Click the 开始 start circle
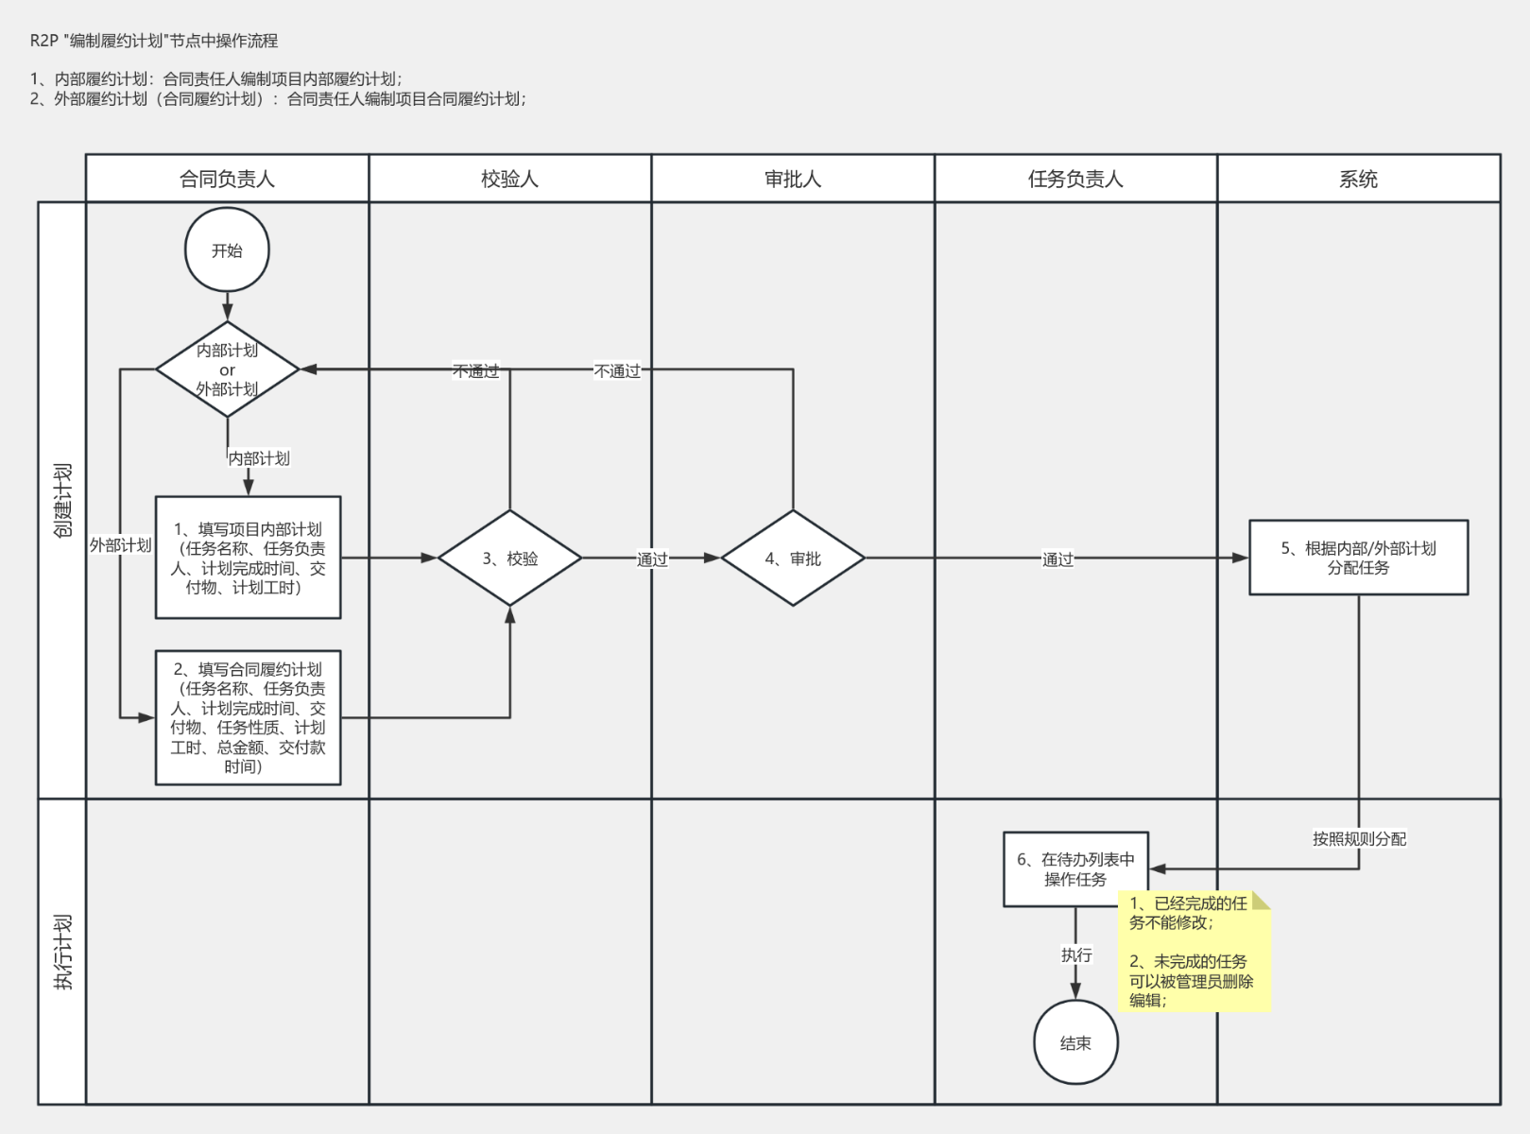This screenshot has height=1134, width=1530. click(227, 250)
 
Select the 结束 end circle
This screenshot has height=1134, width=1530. click(1075, 1042)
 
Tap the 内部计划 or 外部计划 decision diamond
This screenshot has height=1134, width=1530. click(227, 369)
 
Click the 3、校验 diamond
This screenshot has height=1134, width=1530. click(509, 558)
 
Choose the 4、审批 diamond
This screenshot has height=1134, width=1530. click(792, 558)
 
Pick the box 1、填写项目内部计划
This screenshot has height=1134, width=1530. click(248, 558)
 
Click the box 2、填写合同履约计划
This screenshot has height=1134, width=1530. click(248, 717)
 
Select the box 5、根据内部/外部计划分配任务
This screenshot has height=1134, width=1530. click(1358, 558)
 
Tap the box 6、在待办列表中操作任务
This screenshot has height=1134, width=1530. click(1074, 868)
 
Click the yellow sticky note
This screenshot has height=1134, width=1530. click(1194, 952)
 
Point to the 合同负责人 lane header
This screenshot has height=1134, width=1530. click(227, 179)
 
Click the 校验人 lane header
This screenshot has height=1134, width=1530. click(509, 179)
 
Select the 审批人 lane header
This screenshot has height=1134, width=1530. click(792, 179)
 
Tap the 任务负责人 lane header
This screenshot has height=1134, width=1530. click(1075, 179)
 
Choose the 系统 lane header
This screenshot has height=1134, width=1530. click(1358, 179)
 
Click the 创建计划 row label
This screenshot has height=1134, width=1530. click(62, 500)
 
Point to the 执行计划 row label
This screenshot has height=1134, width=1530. click(62, 952)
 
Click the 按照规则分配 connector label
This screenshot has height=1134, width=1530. click(1359, 839)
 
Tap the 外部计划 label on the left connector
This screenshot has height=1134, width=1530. click(120, 545)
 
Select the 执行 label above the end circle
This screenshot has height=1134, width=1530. click(1075, 955)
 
